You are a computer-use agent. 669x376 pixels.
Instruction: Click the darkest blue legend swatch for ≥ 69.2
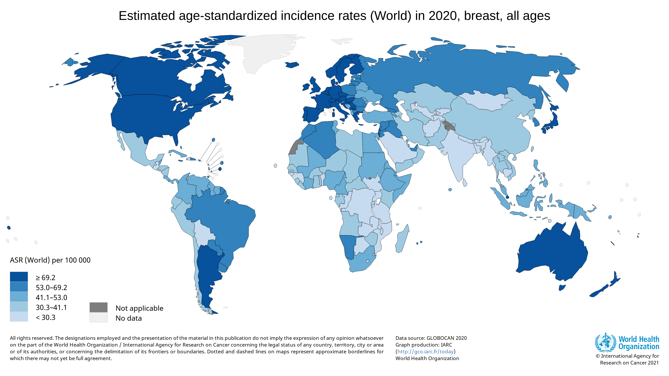click(19, 277)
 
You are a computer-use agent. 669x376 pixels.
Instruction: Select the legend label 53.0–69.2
click(51, 287)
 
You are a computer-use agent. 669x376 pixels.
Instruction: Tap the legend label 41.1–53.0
click(51, 297)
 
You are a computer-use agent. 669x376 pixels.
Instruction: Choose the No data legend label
click(129, 318)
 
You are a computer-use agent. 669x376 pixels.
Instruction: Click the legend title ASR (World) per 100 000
click(50, 260)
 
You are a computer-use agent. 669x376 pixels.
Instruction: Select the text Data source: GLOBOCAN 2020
click(431, 338)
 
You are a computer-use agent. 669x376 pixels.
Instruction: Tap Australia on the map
click(553, 254)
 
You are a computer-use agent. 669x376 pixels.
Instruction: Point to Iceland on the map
click(292, 65)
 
